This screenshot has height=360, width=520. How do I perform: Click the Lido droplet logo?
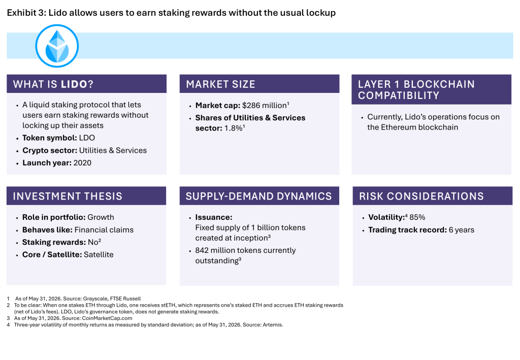tap(57, 46)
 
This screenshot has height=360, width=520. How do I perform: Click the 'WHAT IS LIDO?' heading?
tap(53, 84)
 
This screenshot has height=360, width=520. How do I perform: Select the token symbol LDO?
tap(87, 138)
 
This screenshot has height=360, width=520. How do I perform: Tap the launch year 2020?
tap(82, 163)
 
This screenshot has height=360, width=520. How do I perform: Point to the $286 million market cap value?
tap(265, 106)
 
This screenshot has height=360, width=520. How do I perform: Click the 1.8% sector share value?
tap(234, 128)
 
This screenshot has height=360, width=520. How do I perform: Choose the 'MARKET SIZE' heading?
tap(220, 84)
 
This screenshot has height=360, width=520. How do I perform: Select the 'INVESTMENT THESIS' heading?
tap(68, 196)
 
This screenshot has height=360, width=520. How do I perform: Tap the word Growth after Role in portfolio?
tap(101, 217)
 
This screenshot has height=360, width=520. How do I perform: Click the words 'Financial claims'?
tap(104, 230)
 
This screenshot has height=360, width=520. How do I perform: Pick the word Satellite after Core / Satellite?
tap(99, 254)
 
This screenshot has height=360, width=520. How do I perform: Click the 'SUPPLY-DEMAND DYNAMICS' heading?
tap(258, 196)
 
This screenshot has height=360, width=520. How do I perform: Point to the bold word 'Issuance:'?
tap(214, 217)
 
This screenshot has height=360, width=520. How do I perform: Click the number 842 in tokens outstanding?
tap(202, 250)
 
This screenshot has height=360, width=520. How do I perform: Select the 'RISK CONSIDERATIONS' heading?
tap(421, 196)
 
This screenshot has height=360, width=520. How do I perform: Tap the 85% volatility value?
tap(417, 217)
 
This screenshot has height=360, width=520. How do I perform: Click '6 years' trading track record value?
tap(461, 230)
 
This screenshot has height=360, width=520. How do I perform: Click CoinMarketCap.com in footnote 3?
tap(107, 318)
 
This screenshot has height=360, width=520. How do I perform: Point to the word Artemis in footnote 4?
tap(273, 325)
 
